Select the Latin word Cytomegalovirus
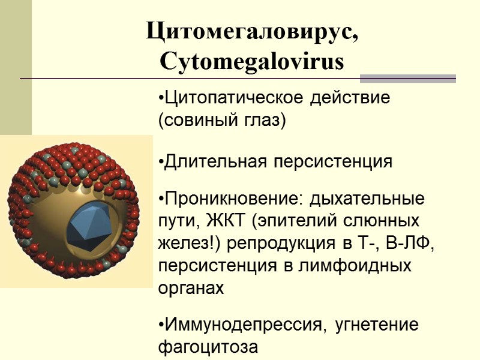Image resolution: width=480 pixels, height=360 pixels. point(252,61)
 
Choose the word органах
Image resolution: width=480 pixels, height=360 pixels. point(190,287)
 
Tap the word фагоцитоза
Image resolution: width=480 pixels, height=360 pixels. point(207,347)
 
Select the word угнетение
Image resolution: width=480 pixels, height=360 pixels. point(377,325)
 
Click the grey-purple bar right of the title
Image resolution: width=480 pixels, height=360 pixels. point(407,79)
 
